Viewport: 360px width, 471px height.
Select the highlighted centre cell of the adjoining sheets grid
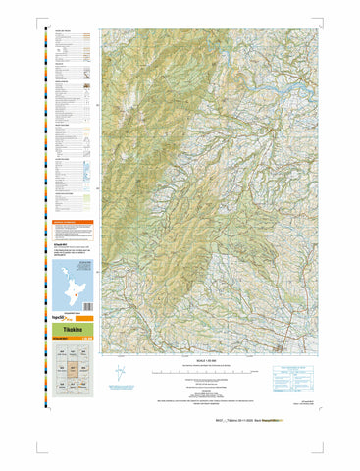[74, 369]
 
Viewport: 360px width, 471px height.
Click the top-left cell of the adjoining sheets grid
[61, 352]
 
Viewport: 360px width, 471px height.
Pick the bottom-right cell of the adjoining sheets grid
[87, 386]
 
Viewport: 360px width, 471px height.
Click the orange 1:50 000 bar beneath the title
[74, 340]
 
